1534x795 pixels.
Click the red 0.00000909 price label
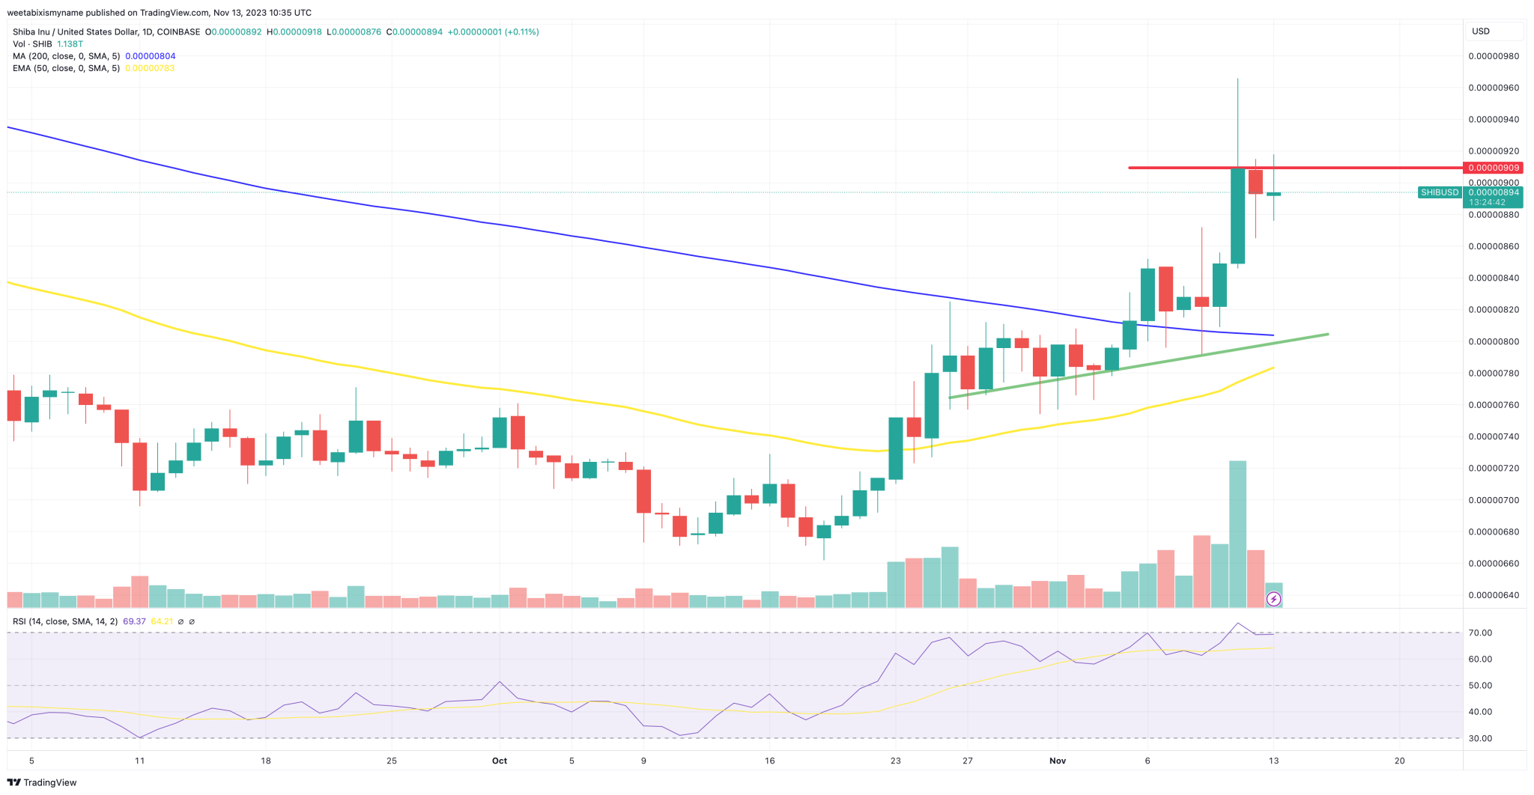[1493, 168]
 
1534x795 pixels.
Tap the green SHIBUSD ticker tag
[1440, 192]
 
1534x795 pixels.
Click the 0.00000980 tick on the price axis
[1493, 56]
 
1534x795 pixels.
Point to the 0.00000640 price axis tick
[1493, 595]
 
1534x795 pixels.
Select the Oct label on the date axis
[500, 761]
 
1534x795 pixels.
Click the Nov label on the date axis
[1057, 761]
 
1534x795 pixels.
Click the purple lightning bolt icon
[1273, 599]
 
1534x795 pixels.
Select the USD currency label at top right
[1481, 31]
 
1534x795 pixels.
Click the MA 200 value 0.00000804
[150, 56]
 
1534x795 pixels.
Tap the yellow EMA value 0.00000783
[150, 68]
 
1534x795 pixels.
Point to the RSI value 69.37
[134, 621]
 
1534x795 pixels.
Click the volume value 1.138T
[70, 44]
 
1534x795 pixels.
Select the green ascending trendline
[1139, 365]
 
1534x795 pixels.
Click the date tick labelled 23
[896, 761]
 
